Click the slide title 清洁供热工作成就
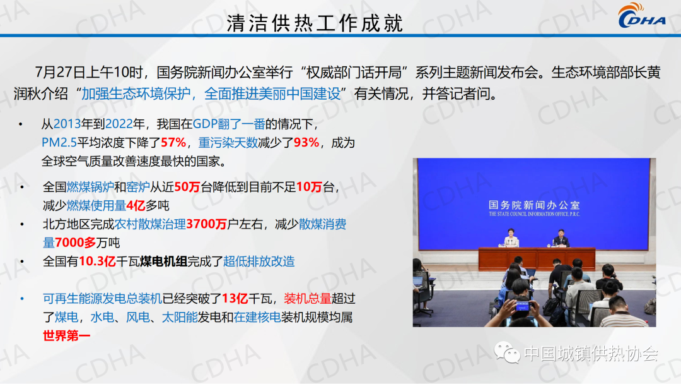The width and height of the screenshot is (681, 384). click(315, 23)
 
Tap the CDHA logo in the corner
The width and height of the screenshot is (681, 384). click(641, 15)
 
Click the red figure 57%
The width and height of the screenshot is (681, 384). click(173, 143)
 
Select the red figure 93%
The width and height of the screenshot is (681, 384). click(306, 143)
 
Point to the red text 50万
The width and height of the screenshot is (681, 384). click(187, 187)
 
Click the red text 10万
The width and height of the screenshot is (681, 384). click(309, 187)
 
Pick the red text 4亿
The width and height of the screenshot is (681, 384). click(136, 205)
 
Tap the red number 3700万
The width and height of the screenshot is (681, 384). click(207, 224)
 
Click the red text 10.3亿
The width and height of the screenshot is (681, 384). click(97, 261)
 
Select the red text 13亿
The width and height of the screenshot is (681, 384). click(235, 298)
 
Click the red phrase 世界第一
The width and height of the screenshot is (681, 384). click(66, 336)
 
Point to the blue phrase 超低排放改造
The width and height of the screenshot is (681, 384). click(259, 261)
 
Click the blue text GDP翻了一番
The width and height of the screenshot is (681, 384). click(229, 124)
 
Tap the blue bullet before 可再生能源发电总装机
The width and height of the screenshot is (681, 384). click(22, 299)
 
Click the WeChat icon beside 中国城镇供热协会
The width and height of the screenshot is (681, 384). click(507, 352)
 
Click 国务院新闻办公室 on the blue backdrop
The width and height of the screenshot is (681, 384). click(534, 205)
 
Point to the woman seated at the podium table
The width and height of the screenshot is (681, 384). click(511, 238)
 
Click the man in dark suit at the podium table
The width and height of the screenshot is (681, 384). click(561, 238)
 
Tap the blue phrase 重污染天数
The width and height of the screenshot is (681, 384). click(228, 143)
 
